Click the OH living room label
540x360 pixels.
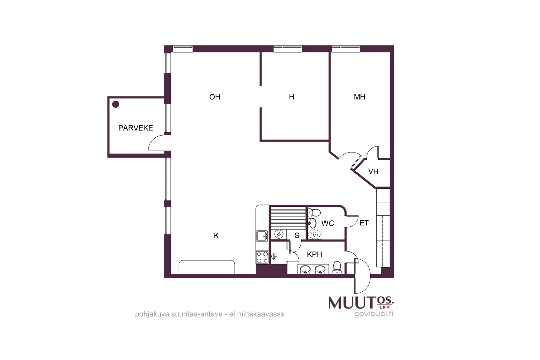215,97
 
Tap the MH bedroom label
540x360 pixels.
359,97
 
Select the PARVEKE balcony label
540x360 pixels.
135,128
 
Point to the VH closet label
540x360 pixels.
373,172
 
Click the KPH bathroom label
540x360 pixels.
314,254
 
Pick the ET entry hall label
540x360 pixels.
364,223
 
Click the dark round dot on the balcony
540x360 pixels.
116,104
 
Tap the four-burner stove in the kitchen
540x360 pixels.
262,257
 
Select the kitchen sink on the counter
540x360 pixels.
262,236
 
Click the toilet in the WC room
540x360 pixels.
314,213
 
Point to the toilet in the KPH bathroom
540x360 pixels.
337,268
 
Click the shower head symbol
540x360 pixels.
274,256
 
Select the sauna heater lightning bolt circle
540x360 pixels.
279,234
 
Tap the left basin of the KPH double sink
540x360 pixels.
305,270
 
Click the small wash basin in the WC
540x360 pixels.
312,223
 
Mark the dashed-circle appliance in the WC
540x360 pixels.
315,234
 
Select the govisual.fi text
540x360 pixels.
374,313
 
